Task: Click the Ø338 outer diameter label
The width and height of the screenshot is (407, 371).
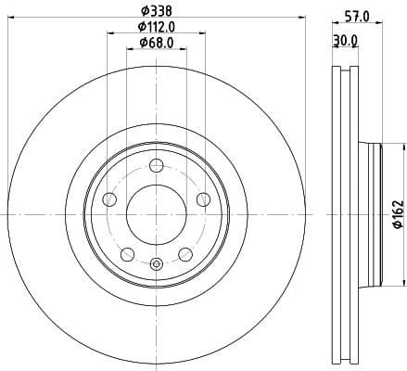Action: click(157, 11)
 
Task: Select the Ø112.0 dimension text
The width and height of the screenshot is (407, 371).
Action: click(157, 27)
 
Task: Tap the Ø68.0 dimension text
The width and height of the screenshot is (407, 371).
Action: click(157, 43)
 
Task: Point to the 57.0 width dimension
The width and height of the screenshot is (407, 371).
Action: click(358, 16)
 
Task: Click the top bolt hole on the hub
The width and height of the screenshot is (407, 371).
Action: click(157, 166)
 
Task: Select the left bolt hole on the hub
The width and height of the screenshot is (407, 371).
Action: click(110, 199)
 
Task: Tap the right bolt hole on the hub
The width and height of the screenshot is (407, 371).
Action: click(203, 198)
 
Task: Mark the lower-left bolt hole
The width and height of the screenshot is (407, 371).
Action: click(128, 253)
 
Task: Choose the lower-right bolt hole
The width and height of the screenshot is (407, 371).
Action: click(185, 253)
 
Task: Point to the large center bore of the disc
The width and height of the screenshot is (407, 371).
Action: click(157, 214)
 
